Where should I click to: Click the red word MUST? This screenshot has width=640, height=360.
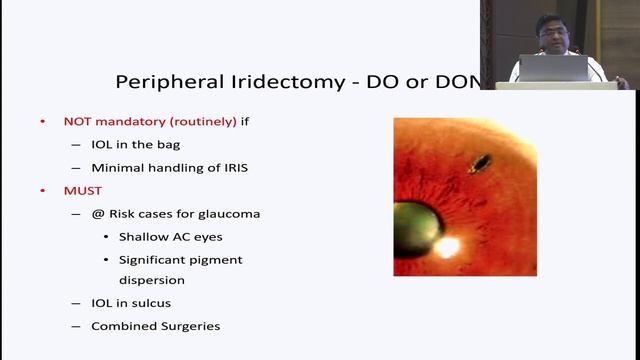83,190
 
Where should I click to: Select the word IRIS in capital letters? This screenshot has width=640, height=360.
228,168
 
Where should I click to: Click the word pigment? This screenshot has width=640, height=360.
223,259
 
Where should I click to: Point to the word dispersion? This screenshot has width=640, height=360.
152,280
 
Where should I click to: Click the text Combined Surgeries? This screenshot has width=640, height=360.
155,326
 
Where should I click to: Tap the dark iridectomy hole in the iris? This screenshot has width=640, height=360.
481,160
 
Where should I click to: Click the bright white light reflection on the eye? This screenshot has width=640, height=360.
448,244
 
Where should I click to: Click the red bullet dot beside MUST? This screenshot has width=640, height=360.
42,190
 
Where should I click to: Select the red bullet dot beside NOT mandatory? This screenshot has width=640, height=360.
42,121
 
